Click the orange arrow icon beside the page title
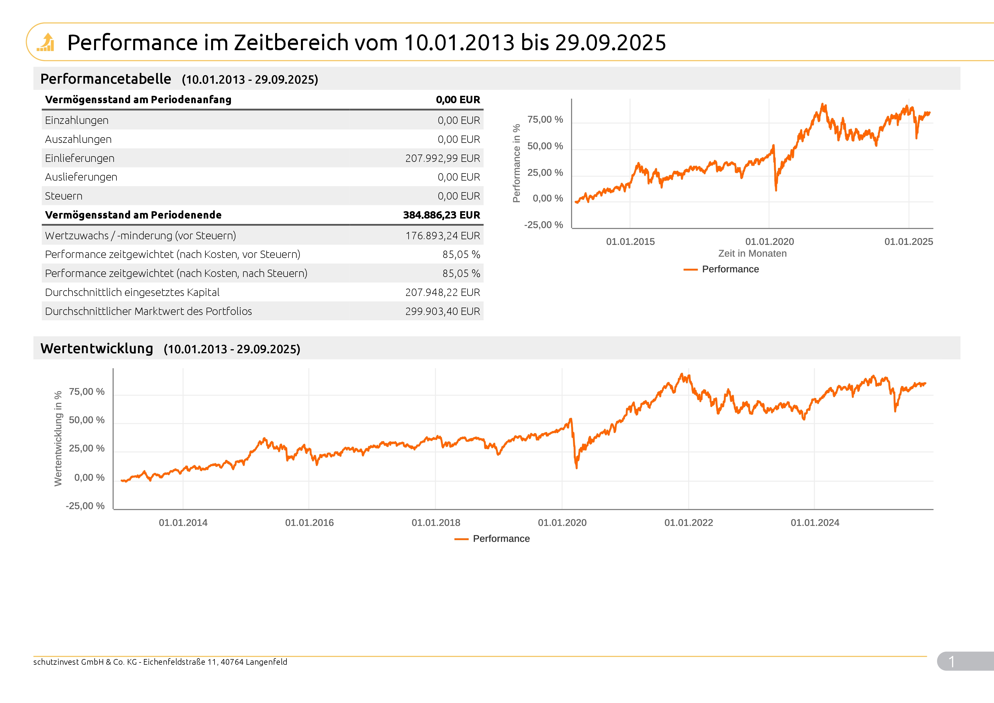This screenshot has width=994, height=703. coord(46,43)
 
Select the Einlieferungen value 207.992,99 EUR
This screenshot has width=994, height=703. coord(442,158)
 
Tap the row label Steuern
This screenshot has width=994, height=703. coord(64,196)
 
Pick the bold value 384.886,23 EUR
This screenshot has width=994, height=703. coord(441,215)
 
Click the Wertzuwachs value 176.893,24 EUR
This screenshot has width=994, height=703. coord(442,236)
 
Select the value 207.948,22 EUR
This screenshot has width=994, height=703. coord(442,292)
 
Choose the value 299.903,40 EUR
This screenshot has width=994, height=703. coord(442,312)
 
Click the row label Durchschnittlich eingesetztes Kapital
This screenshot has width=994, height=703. coord(132,292)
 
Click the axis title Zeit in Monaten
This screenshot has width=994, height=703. coord(752,253)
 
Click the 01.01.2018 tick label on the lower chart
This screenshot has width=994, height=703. coord(436,522)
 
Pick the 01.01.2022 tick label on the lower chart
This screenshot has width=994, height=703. coord(688,522)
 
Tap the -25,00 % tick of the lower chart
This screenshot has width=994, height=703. coord(85,506)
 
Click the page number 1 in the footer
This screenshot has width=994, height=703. coord(951,661)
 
